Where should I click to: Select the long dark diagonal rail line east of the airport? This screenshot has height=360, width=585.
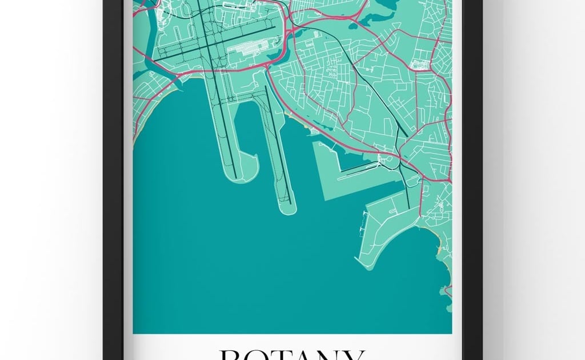371,91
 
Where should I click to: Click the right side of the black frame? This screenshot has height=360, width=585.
472,171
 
